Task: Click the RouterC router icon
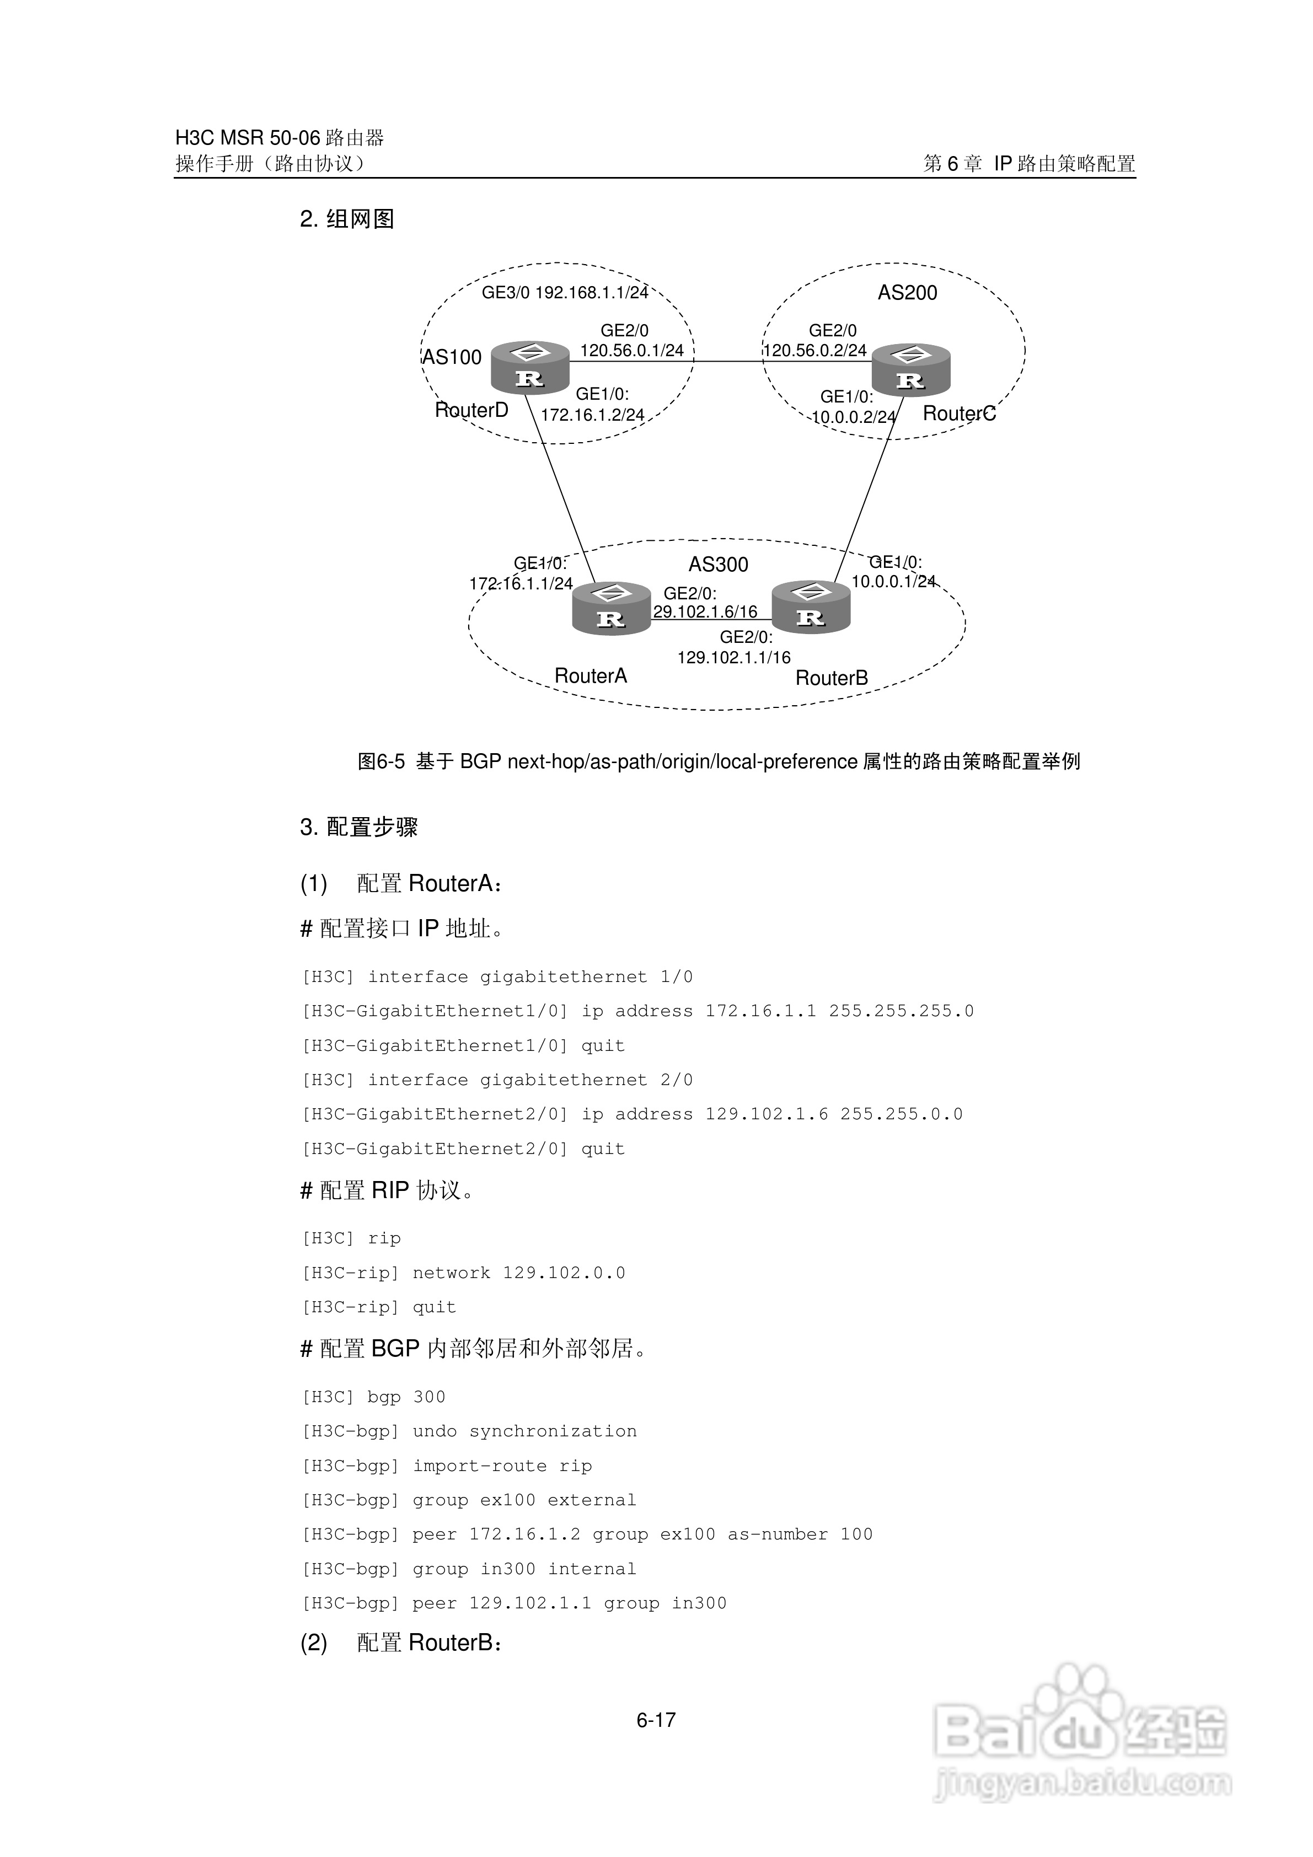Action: point(910,371)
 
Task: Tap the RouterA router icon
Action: point(611,609)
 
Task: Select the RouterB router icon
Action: point(811,608)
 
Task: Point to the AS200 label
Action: point(907,293)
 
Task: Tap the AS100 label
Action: point(452,357)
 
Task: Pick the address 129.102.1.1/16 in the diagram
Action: point(734,658)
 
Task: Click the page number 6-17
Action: point(655,1720)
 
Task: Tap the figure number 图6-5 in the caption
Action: point(380,762)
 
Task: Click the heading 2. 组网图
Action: point(347,219)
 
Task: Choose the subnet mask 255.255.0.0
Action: point(901,1114)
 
